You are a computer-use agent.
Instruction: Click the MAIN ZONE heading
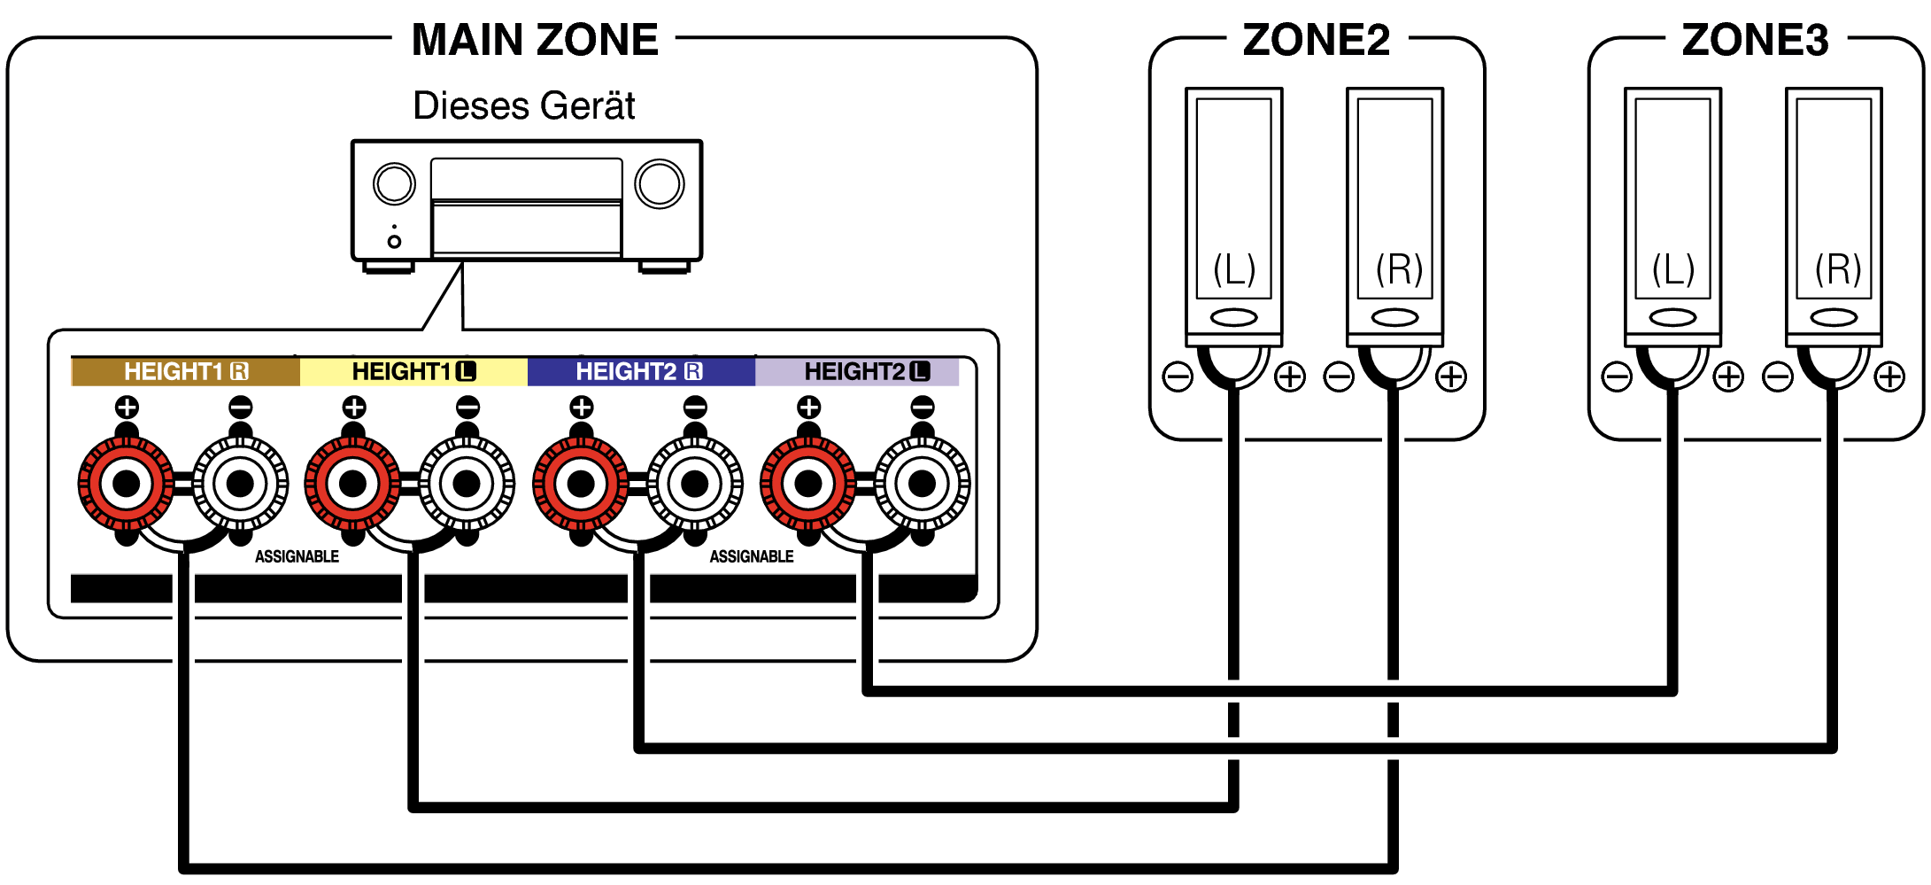pos(535,40)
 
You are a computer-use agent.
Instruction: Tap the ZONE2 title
pos(1316,40)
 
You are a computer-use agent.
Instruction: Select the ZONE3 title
pos(1755,40)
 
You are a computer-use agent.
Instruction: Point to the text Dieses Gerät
pos(524,106)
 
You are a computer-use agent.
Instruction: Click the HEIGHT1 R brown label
pos(185,371)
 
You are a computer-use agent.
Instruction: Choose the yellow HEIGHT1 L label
pos(413,371)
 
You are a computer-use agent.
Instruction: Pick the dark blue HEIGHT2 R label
pos(640,371)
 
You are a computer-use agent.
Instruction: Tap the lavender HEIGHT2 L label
pos(866,371)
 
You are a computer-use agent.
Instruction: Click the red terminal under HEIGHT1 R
pos(127,484)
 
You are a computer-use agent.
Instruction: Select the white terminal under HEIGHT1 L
pos(467,484)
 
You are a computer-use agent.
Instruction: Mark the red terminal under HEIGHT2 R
pos(581,484)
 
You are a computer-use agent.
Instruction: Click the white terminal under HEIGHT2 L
pos(922,484)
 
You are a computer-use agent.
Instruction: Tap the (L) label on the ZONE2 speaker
pos(1234,268)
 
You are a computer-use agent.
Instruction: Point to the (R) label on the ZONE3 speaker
pos(1838,268)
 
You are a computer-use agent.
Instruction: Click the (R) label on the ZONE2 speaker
pos(1399,268)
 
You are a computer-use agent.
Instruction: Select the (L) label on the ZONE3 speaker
pos(1673,268)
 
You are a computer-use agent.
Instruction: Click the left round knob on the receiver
pos(394,184)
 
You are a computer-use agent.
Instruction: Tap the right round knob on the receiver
pos(660,184)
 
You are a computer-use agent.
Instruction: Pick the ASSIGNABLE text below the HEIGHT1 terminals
pos(297,556)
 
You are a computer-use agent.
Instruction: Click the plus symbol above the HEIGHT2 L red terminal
pos(808,408)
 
